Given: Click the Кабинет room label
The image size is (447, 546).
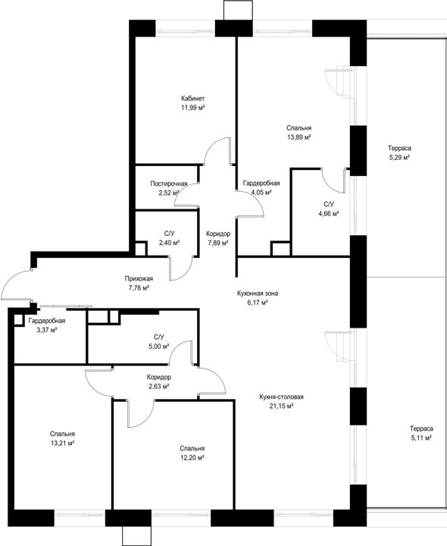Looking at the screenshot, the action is [x=192, y=98].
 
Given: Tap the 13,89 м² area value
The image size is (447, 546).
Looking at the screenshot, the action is [x=299, y=137].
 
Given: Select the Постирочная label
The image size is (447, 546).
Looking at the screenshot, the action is [x=169, y=184].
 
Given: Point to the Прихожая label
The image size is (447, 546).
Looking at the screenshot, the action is [x=139, y=278].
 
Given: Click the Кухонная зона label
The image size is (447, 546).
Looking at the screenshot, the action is [x=258, y=293].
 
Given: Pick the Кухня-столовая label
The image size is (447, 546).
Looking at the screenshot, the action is [x=281, y=397].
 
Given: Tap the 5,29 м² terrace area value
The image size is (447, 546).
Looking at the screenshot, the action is [x=399, y=158].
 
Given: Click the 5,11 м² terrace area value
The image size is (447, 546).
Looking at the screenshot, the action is [x=421, y=438].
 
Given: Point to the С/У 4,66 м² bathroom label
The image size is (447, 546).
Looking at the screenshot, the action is [x=329, y=209].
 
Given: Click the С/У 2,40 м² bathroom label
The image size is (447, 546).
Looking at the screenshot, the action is [x=169, y=238].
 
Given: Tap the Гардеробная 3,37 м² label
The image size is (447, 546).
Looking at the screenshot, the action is [x=47, y=325].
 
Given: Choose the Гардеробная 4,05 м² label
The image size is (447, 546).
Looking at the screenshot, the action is [x=261, y=188].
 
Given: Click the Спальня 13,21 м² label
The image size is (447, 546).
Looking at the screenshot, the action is [x=62, y=439].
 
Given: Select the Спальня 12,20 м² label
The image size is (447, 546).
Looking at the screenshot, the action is [x=192, y=453].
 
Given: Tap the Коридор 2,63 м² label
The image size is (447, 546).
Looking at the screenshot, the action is [x=158, y=381].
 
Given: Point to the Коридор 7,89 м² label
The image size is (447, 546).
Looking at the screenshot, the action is [x=218, y=238].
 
